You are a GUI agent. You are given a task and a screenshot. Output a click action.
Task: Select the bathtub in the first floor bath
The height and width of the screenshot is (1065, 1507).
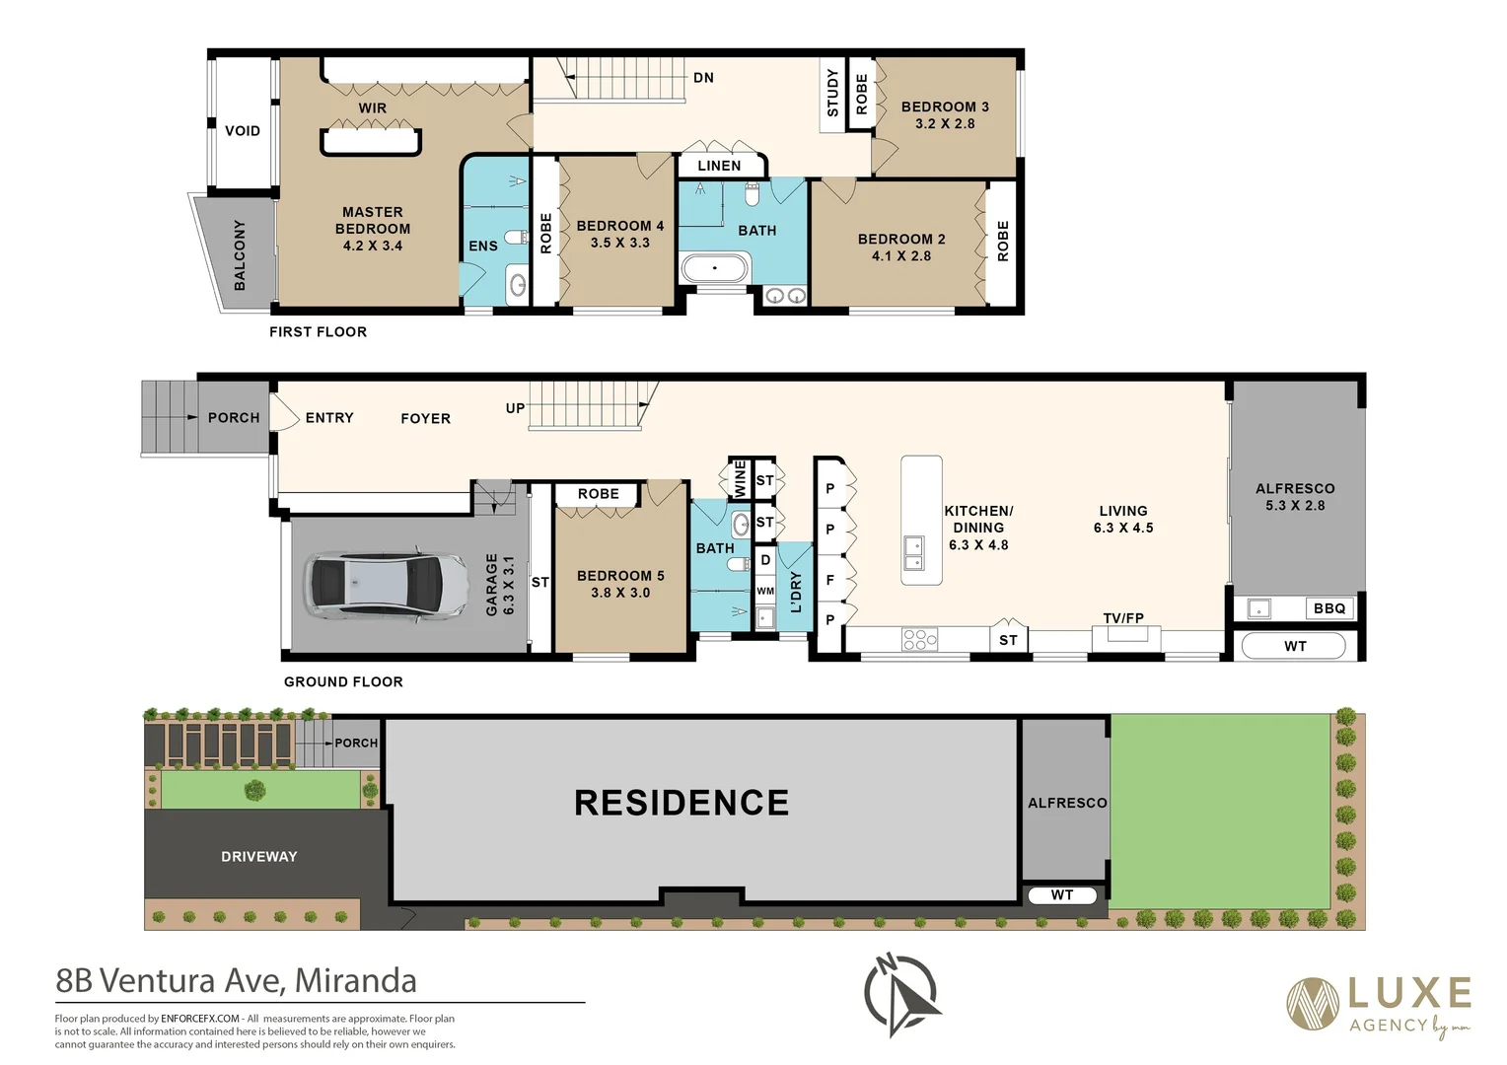click(x=714, y=268)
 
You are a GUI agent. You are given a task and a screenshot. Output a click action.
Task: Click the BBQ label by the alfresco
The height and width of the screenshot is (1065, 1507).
click(x=1329, y=608)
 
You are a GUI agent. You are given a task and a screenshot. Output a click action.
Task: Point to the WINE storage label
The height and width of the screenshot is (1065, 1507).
click(x=740, y=478)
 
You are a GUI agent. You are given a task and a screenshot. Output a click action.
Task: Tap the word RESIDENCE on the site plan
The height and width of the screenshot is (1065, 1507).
click(x=682, y=803)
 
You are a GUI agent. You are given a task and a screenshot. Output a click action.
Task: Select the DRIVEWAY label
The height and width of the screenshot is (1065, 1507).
click(x=259, y=857)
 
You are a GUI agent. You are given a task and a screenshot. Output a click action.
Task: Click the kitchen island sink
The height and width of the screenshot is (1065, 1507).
click(x=913, y=553)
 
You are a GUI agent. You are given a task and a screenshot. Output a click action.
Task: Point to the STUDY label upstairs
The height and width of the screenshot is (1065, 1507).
click(x=832, y=93)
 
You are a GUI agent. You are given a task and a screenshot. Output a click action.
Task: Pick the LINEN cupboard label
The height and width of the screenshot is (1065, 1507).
click(x=719, y=166)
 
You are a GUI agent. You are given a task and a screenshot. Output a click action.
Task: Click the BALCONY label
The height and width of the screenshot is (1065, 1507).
click(x=240, y=255)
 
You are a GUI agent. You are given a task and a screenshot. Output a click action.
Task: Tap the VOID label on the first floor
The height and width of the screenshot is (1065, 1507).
click(x=243, y=130)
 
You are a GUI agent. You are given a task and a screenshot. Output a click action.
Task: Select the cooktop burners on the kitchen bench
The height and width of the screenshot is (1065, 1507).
click(x=919, y=639)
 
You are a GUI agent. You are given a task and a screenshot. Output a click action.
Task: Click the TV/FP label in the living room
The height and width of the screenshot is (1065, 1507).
click(x=1123, y=617)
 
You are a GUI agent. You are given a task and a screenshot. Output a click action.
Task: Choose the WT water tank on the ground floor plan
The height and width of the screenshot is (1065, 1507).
click(x=1293, y=646)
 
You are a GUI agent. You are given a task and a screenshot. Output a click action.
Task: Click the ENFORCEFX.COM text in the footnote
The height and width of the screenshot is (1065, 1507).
click(x=200, y=1019)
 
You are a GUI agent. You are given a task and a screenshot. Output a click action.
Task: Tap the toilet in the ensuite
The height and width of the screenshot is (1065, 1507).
click(x=517, y=238)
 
